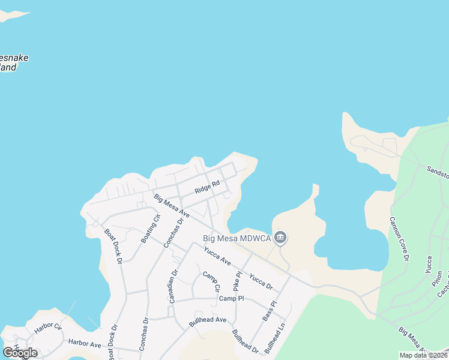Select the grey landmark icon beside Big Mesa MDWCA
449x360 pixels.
pos(280,238)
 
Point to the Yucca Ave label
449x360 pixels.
pos(217,256)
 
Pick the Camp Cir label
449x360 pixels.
pos(211,282)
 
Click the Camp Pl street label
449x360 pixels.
pos(231,298)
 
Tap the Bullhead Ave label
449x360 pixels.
pos(207,320)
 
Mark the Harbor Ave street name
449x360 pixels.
pos(85,344)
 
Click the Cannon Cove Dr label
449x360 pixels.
pos(399,239)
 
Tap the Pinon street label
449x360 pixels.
pos(437,280)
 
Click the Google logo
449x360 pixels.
pos(20,352)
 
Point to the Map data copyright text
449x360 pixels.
pos(423,355)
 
